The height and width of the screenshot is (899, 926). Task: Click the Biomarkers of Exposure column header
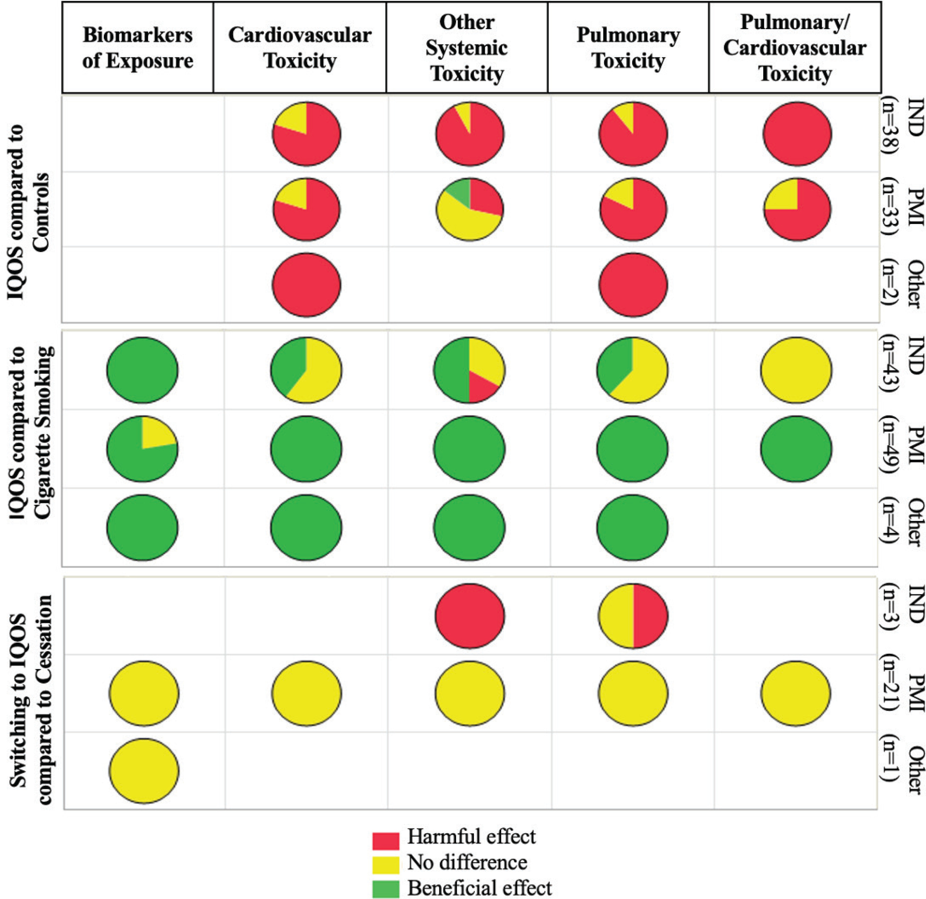click(137, 48)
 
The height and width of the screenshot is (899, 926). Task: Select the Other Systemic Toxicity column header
click(467, 48)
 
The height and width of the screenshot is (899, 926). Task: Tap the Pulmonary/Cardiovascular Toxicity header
click(795, 48)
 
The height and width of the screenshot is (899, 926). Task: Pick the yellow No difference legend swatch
click(385, 863)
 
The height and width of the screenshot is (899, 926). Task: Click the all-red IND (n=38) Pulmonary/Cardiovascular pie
click(797, 134)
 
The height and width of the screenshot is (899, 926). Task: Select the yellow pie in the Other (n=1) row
click(144, 770)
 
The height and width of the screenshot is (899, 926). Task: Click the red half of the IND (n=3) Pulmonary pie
click(650, 616)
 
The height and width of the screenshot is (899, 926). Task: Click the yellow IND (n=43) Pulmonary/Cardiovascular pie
click(796, 369)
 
